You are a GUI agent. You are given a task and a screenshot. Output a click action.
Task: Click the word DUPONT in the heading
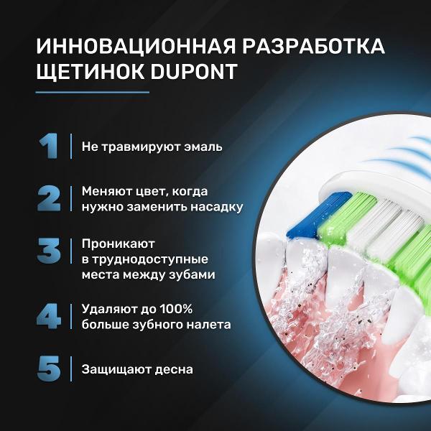coord(194,71)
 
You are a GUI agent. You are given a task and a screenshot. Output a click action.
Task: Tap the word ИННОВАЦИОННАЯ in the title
coord(136,46)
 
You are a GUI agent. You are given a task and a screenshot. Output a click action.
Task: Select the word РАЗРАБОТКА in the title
coord(313,46)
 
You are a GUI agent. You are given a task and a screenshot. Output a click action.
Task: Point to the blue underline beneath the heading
coord(93,93)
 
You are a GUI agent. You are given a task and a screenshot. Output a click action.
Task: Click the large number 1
coord(48,146)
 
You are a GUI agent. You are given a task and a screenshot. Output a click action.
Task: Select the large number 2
coord(49,198)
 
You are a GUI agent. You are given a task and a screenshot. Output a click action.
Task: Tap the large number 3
coord(49,251)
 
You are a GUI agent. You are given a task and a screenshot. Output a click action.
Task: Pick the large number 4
coord(49,316)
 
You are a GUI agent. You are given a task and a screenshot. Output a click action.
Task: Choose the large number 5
coord(49,369)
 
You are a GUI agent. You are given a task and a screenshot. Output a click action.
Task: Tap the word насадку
coord(217,208)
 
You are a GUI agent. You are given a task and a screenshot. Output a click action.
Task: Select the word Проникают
coord(119,244)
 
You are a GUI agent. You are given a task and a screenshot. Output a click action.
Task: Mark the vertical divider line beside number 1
coord(71,146)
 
